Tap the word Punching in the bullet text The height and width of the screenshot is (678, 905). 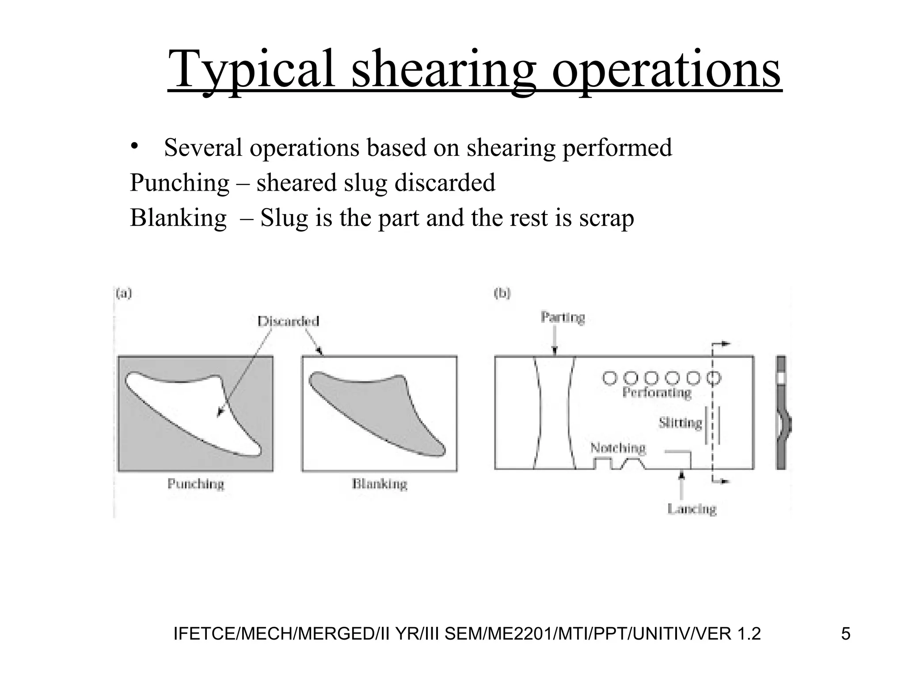(179, 183)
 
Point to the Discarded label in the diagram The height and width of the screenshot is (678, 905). (288, 321)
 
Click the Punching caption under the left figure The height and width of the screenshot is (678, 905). (196, 484)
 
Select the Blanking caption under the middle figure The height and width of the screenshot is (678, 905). (380, 484)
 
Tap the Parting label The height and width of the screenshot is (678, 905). (563, 317)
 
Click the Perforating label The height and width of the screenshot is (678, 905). (657, 392)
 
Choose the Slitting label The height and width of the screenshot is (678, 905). (680, 423)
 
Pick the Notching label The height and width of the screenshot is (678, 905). (618, 448)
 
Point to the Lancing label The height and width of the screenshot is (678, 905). (692, 509)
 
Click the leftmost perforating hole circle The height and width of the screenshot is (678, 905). (610, 378)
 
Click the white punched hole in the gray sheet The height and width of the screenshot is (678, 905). (186, 406)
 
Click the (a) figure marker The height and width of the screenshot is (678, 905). (124, 294)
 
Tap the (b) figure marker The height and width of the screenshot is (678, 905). (502, 294)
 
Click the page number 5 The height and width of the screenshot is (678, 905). (845, 634)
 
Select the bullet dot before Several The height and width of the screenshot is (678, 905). (135, 147)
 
